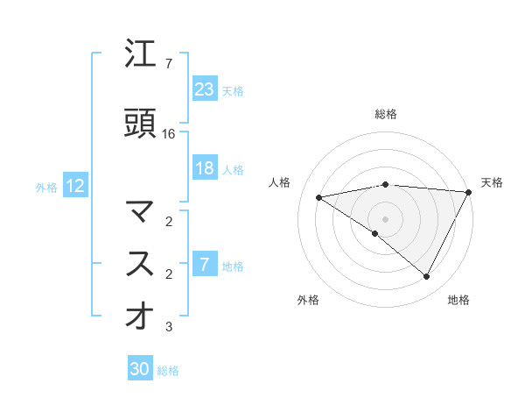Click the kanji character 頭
[140, 124]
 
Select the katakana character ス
[140, 265]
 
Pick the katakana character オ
[140, 316]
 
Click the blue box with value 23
[205, 89]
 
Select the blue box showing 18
[205, 168]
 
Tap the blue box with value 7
[205, 265]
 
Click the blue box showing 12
[74, 186]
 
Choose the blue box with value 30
[140, 369]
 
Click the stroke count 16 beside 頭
[170, 134]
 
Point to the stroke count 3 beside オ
[169, 327]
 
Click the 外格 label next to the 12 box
[46, 187]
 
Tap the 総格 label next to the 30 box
[169, 371]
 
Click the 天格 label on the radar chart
[492, 182]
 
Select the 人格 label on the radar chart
[281, 182]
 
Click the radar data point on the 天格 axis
[469, 191]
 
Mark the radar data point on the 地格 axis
[427, 277]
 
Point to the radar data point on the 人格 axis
[319, 197]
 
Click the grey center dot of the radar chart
[385, 218]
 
